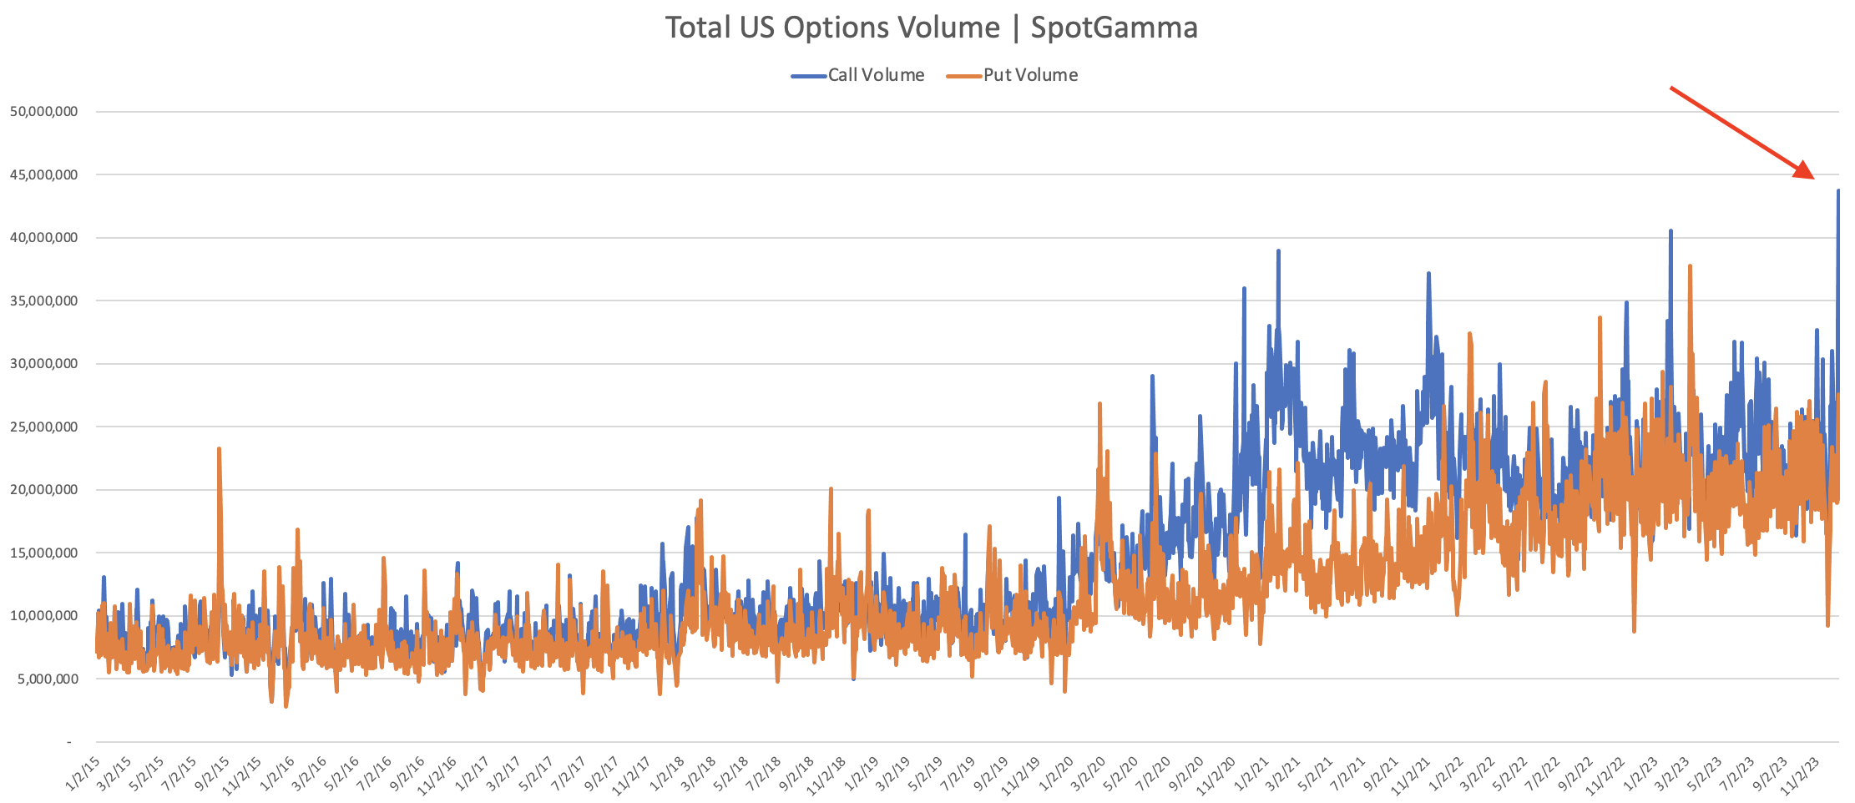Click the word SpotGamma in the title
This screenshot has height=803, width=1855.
(1114, 28)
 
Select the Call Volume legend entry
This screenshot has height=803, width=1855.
(875, 75)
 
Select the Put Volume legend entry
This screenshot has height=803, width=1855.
(1029, 75)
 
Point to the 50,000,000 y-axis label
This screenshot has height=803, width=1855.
(43, 112)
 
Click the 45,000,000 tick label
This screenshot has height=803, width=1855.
(43, 174)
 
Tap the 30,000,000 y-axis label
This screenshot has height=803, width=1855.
(43, 363)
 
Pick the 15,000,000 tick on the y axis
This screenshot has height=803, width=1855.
(43, 553)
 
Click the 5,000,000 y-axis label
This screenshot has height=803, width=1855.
(47, 679)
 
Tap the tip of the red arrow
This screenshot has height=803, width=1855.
(1813, 178)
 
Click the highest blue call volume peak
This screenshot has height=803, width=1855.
(1837, 191)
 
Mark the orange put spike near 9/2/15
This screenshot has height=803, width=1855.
(219, 449)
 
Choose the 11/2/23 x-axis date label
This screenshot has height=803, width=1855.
(1802, 775)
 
